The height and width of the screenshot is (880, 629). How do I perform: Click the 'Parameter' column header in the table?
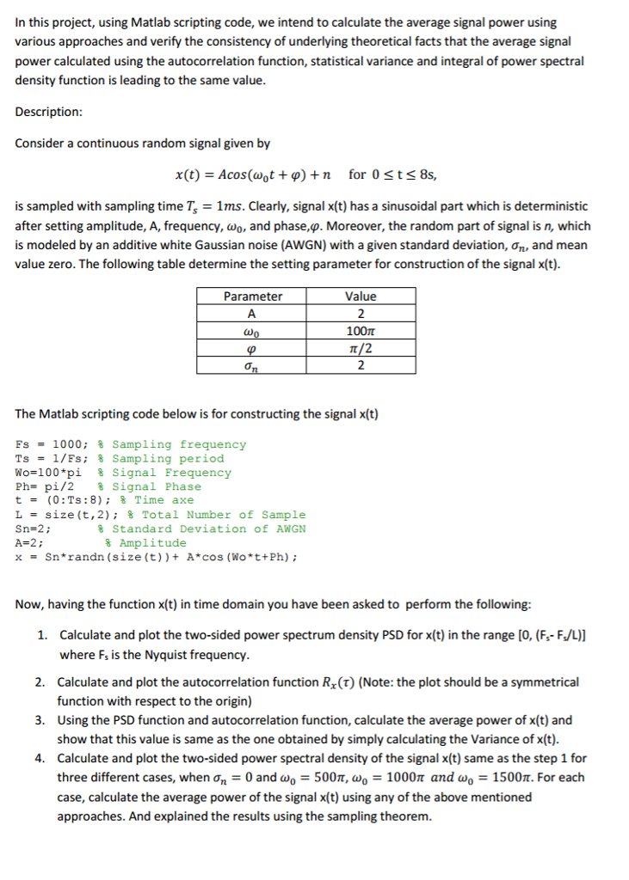[252, 296]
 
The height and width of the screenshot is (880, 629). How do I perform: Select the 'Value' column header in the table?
[361, 296]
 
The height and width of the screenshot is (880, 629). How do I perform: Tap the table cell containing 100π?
[361, 331]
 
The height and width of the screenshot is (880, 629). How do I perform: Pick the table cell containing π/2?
[361, 348]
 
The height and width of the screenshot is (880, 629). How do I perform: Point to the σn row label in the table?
[252, 366]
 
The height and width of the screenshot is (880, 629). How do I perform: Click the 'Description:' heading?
[49, 112]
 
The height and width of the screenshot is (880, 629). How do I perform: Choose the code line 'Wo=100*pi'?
[50, 473]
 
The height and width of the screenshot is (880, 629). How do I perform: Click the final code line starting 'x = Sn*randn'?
[157, 557]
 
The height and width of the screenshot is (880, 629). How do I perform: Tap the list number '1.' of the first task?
[41, 633]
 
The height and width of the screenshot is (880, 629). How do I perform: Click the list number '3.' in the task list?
[41, 720]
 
